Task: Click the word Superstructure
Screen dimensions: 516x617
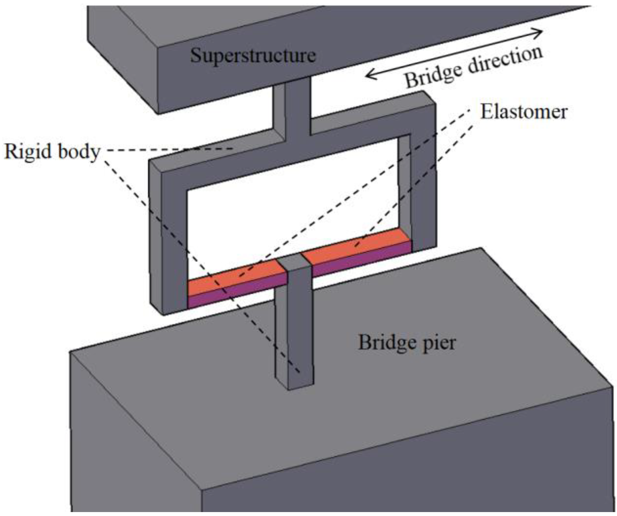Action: tap(253, 56)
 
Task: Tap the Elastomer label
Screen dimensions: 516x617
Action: tap(523, 112)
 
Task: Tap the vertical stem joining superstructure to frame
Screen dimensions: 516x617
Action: tap(297, 107)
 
